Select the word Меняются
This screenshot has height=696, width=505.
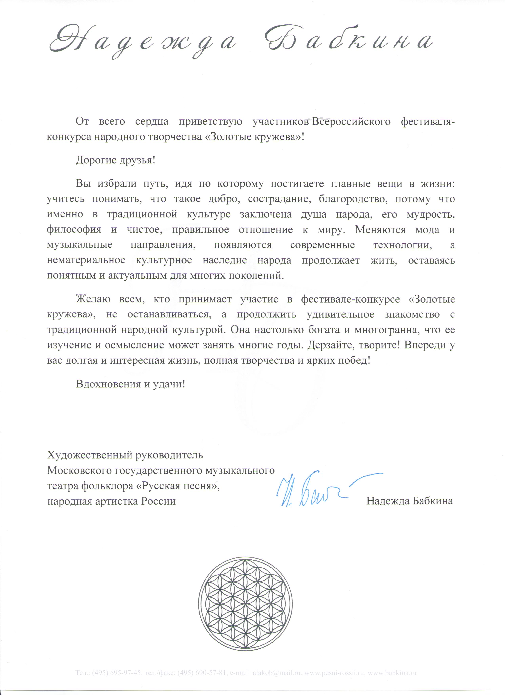380,230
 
